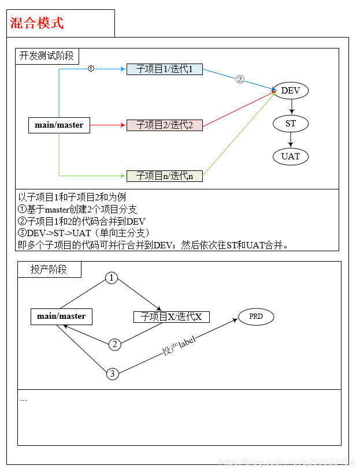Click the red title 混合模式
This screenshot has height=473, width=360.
37,23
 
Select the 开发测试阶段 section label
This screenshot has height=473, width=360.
47,56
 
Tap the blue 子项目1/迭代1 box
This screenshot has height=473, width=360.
165,69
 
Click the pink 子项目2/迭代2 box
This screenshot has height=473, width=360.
165,125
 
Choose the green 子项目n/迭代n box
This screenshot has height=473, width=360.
165,176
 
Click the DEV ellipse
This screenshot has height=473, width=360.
291,91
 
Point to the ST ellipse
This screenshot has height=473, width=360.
291,124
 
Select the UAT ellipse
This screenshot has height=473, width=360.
291,157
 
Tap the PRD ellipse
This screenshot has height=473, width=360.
256,316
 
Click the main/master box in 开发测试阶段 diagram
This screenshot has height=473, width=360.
59,125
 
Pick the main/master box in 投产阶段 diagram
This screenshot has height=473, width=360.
61,316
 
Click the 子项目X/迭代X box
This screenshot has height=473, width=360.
172,316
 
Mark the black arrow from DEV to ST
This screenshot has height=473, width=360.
291,107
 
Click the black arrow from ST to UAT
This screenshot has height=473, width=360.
291,140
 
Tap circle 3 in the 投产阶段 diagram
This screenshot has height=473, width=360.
113,374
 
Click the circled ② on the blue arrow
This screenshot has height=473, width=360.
240,79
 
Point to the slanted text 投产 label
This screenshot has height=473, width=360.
180,345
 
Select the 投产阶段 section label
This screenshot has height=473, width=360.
49,270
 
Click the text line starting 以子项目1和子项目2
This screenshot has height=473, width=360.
72,197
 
